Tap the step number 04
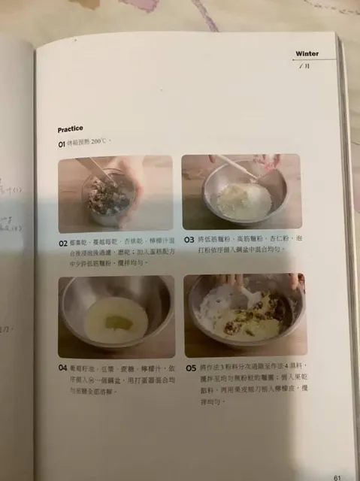tap(62, 368)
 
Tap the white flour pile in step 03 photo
tap(241, 197)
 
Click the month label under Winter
tap(303, 66)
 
